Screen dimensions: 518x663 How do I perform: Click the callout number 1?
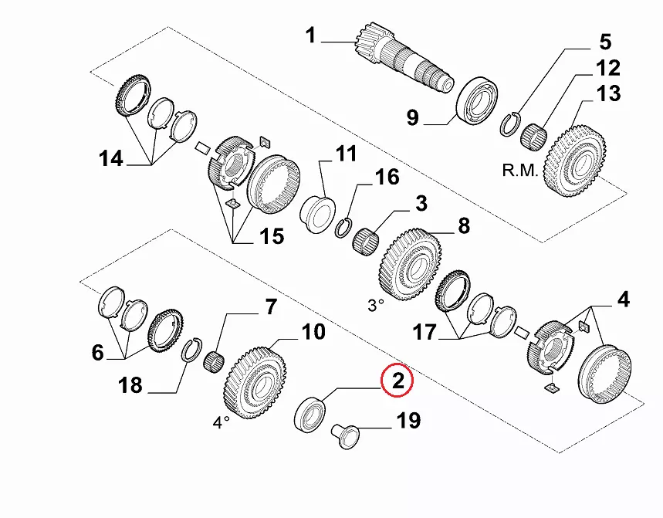pyautogui.click(x=310, y=36)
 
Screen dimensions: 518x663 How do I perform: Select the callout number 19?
pyautogui.click(x=408, y=421)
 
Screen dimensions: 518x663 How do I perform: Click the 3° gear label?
pyautogui.click(x=375, y=305)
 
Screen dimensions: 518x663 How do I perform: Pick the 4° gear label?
pyautogui.click(x=222, y=422)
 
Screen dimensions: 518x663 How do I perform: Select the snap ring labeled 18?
pyautogui.click(x=191, y=353)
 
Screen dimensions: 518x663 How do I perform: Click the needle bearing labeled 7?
pyautogui.click(x=214, y=359)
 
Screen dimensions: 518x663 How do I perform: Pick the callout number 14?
pyautogui.click(x=111, y=159)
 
